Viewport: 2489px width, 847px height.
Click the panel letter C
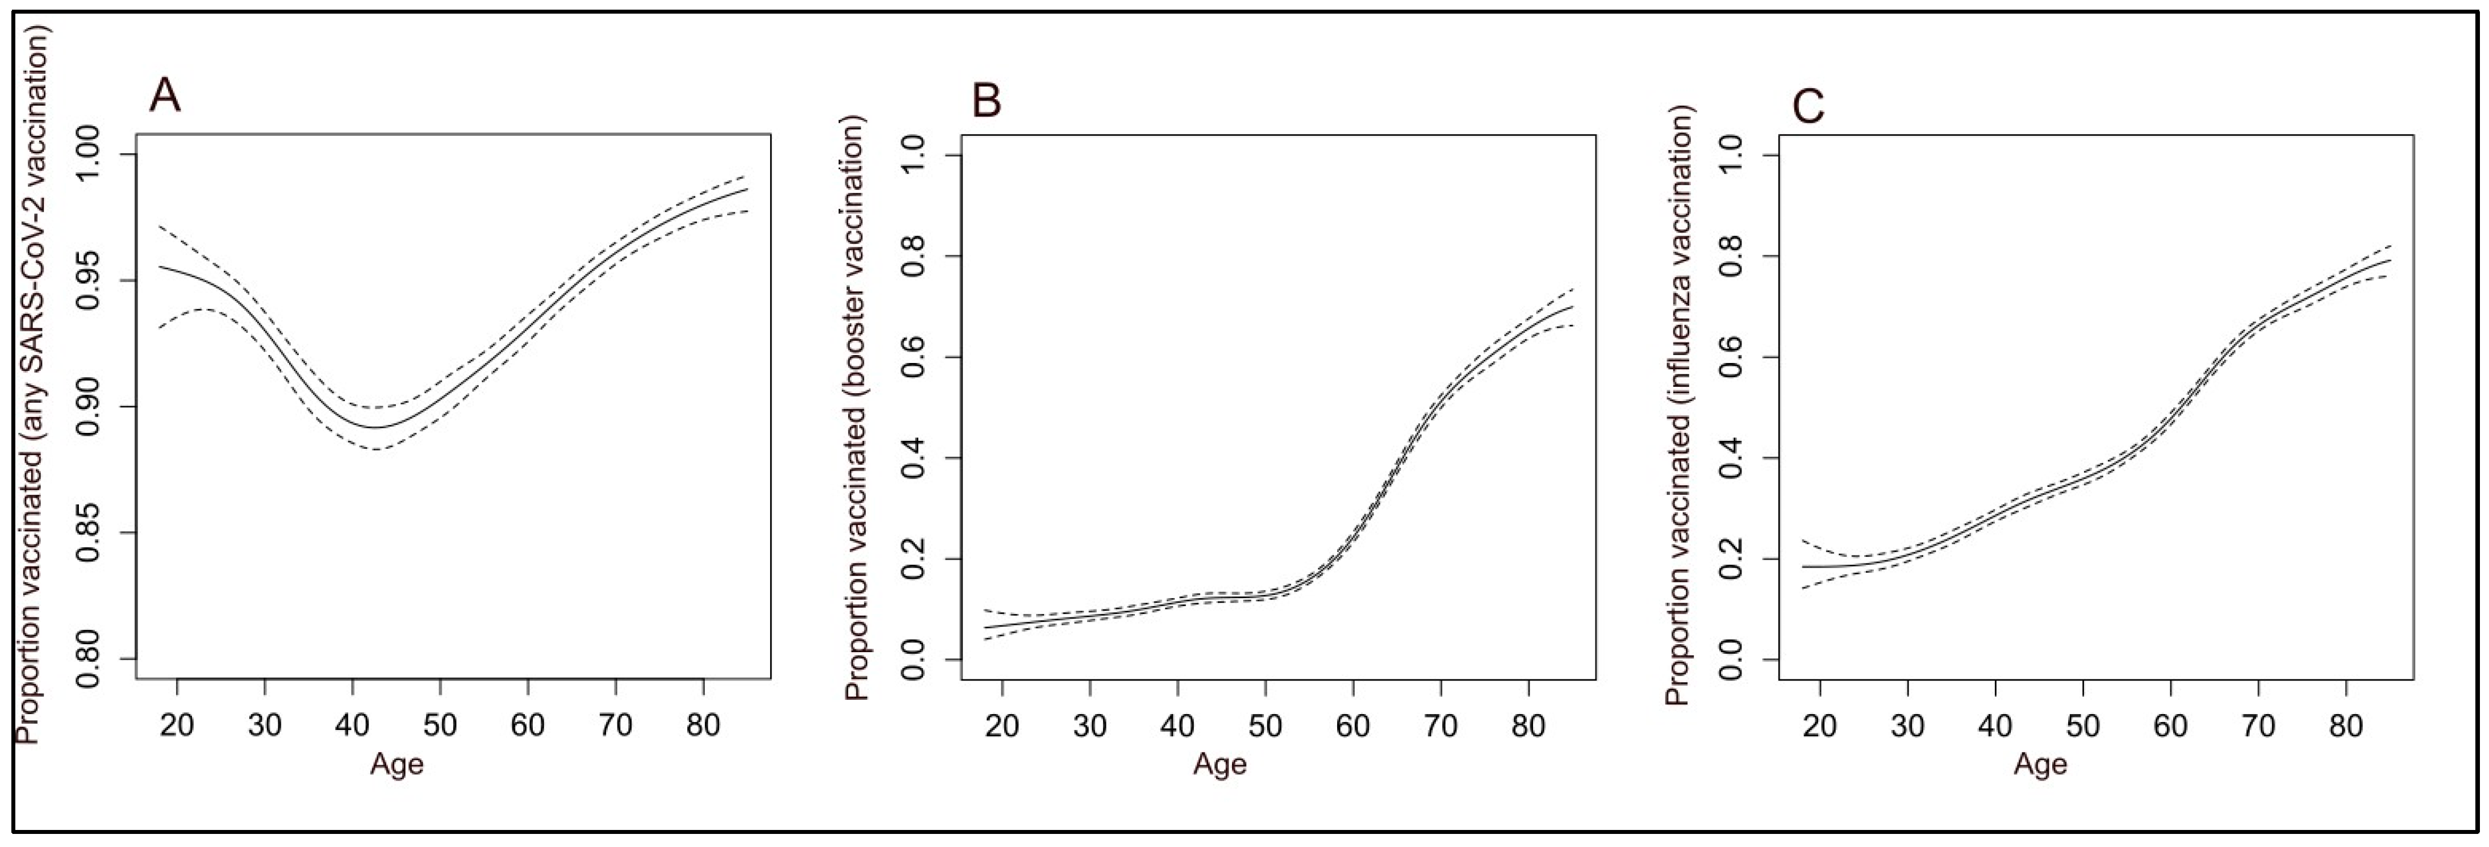click(x=1808, y=106)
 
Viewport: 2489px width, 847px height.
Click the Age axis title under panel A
click(x=397, y=764)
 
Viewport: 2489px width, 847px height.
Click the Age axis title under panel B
click(x=1220, y=764)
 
